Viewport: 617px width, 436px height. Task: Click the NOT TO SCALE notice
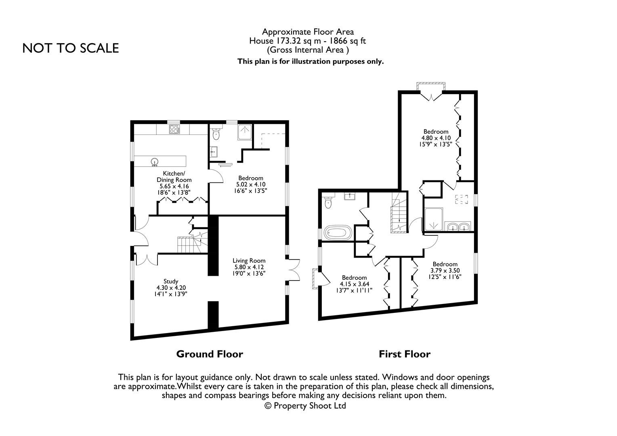click(71, 48)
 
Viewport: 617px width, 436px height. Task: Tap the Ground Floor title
click(210, 354)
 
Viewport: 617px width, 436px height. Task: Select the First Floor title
click(404, 354)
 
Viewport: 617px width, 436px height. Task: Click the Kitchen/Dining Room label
click(174, 176)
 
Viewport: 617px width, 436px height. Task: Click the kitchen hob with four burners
click(174, 129)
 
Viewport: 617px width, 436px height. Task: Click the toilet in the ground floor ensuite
click(216, 134)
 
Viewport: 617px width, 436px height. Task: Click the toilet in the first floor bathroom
click(328, 202)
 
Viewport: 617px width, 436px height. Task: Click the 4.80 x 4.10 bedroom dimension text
click(436, 138)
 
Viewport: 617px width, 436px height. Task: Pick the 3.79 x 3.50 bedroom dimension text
click(445, 270)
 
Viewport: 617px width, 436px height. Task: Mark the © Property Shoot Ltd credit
click(305, 406)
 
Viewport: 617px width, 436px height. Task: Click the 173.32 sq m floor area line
click(308, 41)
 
